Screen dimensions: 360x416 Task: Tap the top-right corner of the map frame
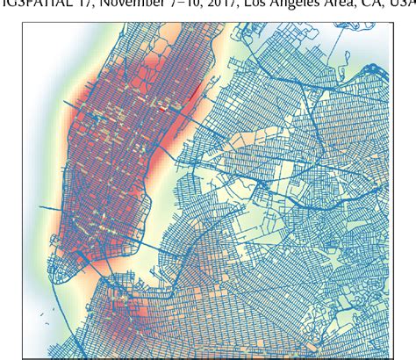tap(391, 25)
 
